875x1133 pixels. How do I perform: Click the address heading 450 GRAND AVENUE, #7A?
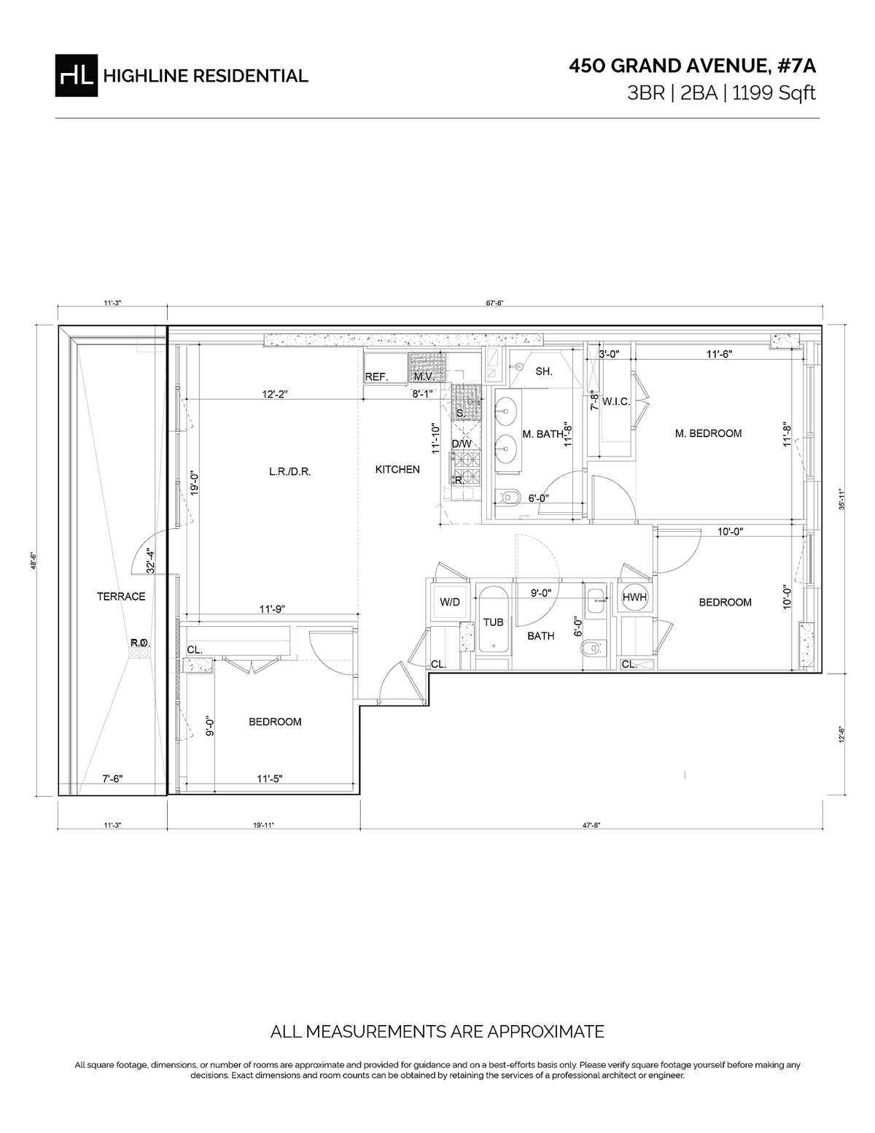point(692,66)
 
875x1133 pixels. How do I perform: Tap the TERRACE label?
point(121,596)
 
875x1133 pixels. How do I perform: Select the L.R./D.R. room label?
point(289,471)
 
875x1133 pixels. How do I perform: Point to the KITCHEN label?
point(397,469)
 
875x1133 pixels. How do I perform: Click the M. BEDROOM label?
point(708,433)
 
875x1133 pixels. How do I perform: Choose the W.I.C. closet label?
point(616,401)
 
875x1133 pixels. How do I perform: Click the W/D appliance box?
point(449,603)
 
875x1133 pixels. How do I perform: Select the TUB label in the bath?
point(494,622)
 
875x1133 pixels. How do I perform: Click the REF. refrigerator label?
point(376,377)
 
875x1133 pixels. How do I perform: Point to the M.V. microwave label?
point(424,377)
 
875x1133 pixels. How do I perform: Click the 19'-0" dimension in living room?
point(194,483)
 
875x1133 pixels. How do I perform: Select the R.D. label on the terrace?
point(139,643)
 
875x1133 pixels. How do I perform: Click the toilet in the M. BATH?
point(510,498)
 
